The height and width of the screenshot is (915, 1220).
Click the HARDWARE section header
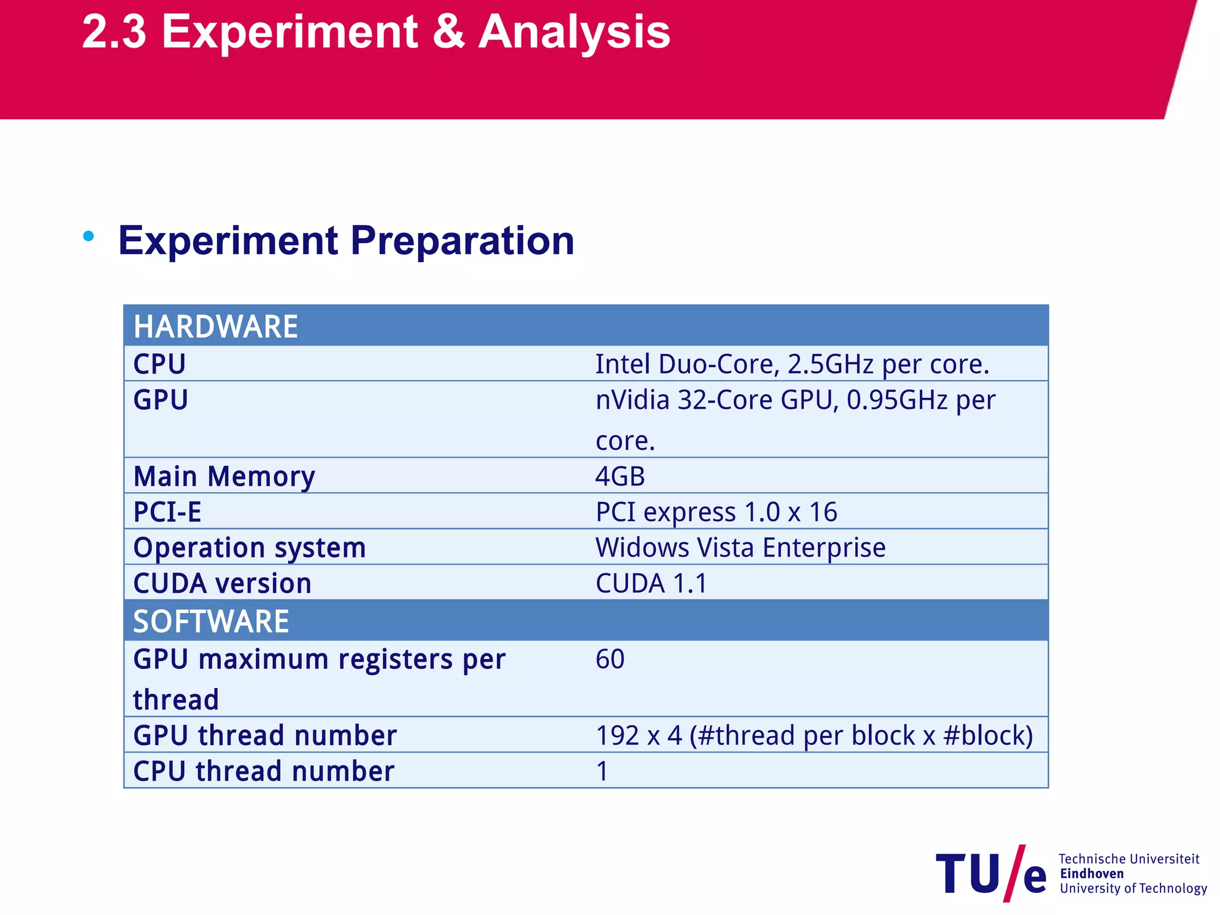[x=216, y=326]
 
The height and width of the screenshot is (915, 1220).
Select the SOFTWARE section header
[x=211, y=621]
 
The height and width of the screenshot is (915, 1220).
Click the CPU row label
[x=159, y=364]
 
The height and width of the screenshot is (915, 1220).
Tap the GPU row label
[x=160, y=400]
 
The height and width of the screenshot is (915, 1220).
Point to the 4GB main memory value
[x=620, y=476]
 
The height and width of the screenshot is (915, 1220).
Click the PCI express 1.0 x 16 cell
[x=716, y=512]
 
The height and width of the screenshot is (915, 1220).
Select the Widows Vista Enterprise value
[x=740, y=547]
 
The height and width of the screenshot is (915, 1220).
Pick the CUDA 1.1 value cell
[x=651, y=583]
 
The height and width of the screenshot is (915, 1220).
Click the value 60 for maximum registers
[x=610, y=659]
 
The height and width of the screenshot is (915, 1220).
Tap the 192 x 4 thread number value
[x=814, y=735]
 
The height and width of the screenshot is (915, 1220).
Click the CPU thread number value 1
[x=602, y=771]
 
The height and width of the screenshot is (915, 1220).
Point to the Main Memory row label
[x=224, y=476]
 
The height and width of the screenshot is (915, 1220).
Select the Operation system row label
[x=250, y=547]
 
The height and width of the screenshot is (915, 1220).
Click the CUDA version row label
[x=222, y=583]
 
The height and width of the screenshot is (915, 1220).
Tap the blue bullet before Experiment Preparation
[x=89, y=236]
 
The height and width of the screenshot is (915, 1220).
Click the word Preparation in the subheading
[x=462, y=241]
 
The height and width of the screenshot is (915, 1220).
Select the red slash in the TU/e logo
[x=1014, y=873]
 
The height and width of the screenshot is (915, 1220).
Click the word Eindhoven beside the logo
[x=1091, y=873]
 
